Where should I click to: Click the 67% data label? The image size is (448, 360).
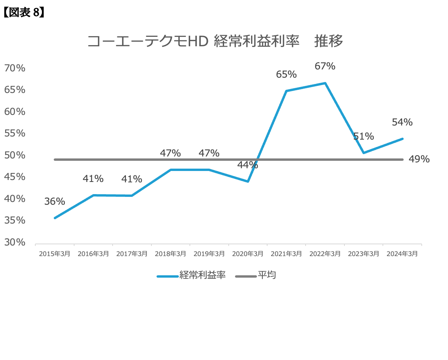coord(325,66)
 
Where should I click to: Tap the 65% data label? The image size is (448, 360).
coord(286,74)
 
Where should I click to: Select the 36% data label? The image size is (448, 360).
coord(55,202)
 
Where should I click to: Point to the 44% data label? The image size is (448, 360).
coord(248,165)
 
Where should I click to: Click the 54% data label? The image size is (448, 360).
coord(402,122)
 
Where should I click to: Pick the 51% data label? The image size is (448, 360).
coord(363,136)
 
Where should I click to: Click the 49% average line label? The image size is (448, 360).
coord(419,160)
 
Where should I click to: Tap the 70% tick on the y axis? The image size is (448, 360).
coord(15,68)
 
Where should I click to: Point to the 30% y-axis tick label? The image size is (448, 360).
coord(15,242)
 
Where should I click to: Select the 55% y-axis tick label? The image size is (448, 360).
coord(15,133)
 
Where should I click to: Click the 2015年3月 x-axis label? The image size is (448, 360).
coord(55,254)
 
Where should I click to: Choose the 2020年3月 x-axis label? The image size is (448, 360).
coord(248,254)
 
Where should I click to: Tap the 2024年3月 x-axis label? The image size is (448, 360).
coord(402,254)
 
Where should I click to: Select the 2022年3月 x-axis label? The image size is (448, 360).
coord(325,254)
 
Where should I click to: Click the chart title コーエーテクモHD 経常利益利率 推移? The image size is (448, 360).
coord(215,41)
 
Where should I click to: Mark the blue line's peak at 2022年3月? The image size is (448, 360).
coord(325,83)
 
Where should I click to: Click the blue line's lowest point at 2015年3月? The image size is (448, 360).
coord(55,218)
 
